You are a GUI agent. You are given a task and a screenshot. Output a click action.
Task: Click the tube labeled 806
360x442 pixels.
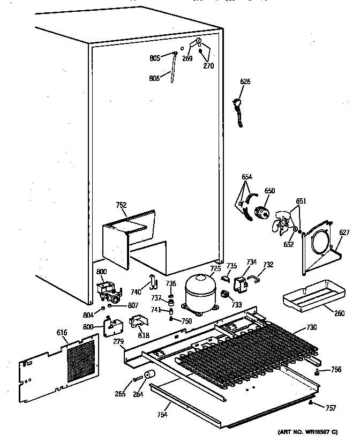[x=174, y=70]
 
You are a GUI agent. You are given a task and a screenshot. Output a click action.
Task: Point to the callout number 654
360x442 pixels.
[x=246, y=177]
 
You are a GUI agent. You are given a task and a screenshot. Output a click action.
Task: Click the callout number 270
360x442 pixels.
[x=208, y=66]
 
